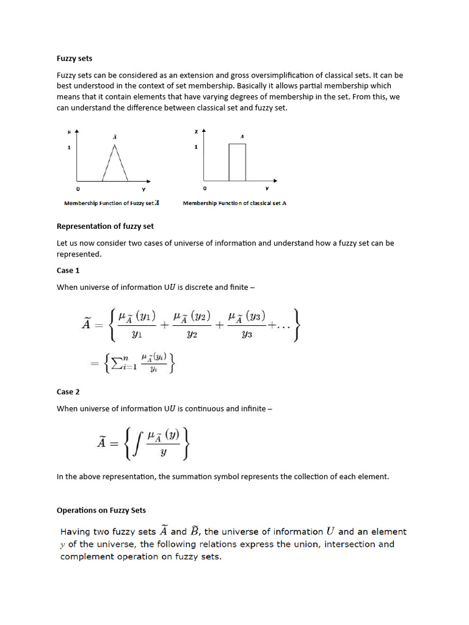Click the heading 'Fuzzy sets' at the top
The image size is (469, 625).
click(75, 59)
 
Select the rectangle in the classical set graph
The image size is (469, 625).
click(237, 162)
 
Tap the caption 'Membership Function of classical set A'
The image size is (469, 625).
click(234, 203)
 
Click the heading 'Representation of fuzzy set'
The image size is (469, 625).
click(105, 226)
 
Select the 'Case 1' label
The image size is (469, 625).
click(68, 270)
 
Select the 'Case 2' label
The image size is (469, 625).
click(68, 392)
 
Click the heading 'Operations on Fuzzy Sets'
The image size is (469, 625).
click(101, 510)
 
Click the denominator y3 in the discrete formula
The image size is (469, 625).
click(246, 335)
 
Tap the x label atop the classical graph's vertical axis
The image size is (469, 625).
click(196, 131)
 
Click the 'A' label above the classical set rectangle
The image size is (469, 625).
click(242, 137)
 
